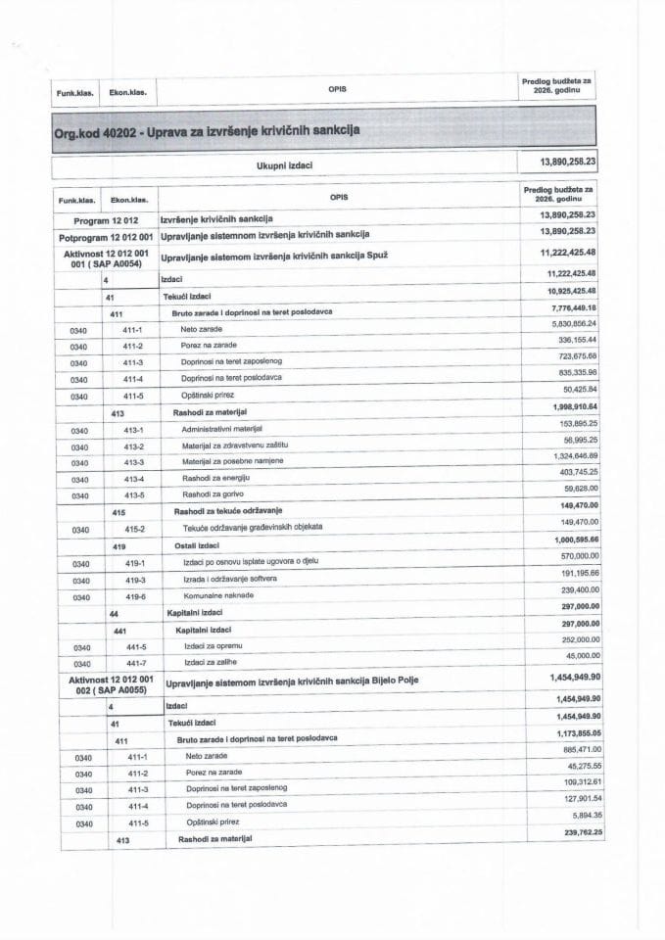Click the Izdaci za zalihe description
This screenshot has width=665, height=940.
click(207, 662)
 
